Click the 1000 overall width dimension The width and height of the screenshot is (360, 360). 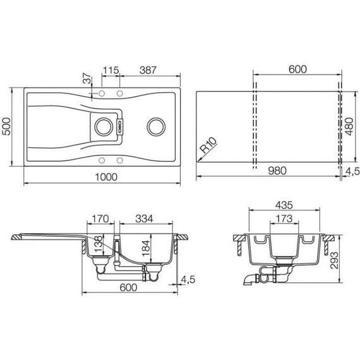106,177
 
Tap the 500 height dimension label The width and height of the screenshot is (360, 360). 6,126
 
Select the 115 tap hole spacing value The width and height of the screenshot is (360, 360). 111,70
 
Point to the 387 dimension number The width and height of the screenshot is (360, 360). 148,70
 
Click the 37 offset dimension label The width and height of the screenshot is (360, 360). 87,78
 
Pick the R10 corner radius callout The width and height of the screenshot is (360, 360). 208,145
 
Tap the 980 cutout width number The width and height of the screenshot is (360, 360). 277,171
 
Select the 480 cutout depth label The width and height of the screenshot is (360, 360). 349,126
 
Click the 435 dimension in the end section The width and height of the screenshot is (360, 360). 284,205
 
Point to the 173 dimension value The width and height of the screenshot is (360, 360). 284,219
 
